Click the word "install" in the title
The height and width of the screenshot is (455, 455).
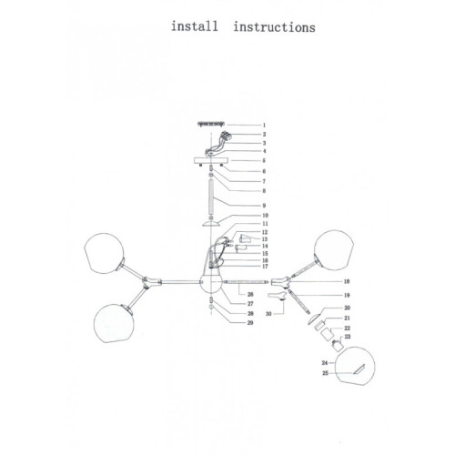(x=195, y=26)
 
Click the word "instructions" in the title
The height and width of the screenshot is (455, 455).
(x=275, y=27)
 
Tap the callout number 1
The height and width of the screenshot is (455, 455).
(x=264, y=125)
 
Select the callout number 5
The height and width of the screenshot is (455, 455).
(x=264, y=160)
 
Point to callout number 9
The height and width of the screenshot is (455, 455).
(x=264, y=206)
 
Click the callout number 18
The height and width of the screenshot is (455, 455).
(x=347, y=281)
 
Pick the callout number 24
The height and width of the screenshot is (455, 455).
(x=325, y=363)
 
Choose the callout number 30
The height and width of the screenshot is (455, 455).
(x=268, y=314)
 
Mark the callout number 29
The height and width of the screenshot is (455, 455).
(x=250, y=322)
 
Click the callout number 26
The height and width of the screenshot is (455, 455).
(x=250, y=294)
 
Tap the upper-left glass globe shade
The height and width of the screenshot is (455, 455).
(x=104, y=253)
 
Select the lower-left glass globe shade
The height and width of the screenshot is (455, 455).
(x=114, y=323)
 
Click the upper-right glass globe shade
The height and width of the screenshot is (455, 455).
(x=334, y=250)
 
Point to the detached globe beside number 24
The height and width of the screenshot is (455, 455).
(x=355, y=366)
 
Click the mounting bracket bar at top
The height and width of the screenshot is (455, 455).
(x=211, y=124)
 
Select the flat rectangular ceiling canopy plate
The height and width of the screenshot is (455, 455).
(x=211, y=160)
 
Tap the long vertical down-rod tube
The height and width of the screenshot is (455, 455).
(x=211, y=197)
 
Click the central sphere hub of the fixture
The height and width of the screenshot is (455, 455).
(x=211, y=282)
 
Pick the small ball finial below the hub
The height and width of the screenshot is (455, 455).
(x=211, y=308)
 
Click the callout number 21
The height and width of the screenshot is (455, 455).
(x=348, y=318)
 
